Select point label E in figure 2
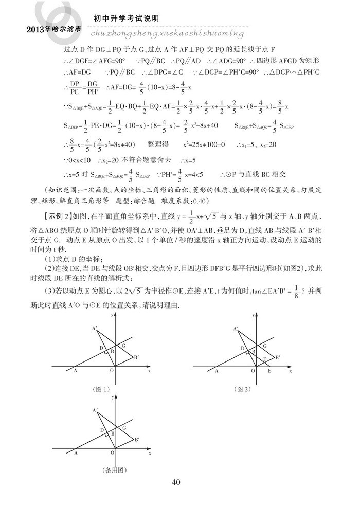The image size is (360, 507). tap(270, 370)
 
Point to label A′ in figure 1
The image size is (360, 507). tap(94, 328)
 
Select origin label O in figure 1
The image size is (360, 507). tap(111, 370)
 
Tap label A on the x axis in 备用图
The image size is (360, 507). tap(76, 454)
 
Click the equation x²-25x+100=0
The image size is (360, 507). tap(205, 145)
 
